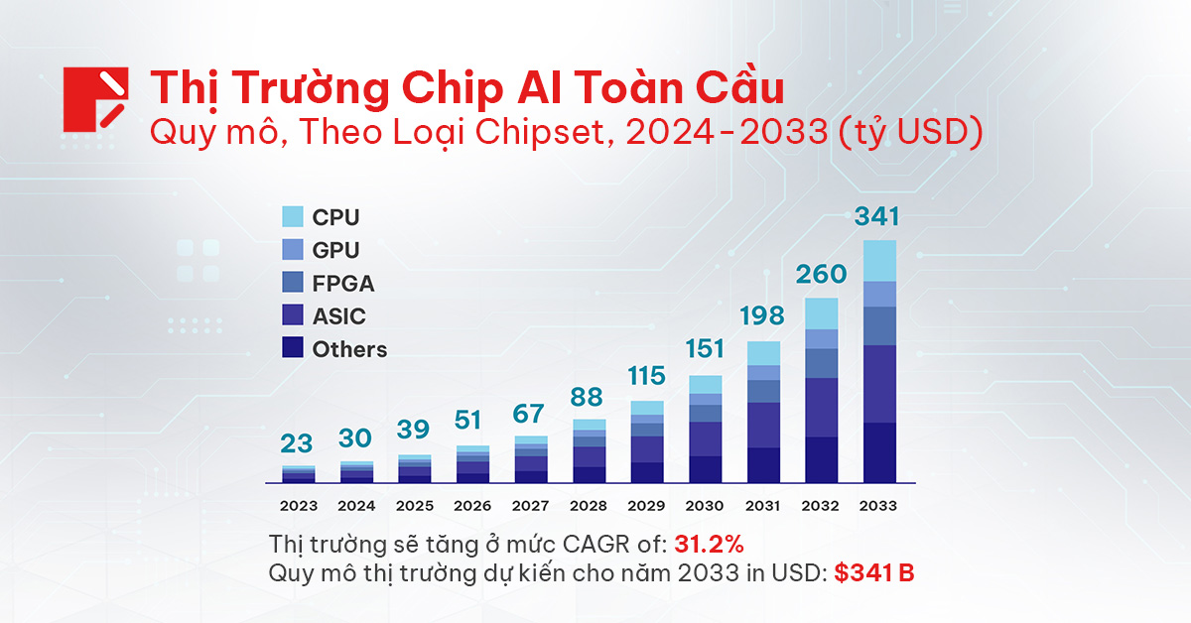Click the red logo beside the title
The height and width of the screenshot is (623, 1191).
pos(96,99)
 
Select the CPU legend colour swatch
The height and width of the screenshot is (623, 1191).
pos(293,216)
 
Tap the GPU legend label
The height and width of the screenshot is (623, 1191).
pos(335,250)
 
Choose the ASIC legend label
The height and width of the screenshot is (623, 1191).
pos(338,316)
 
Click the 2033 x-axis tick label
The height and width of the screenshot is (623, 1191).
pos(879,505)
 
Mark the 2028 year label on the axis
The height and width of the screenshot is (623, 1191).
pos(590,505)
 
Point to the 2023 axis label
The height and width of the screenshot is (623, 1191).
pos(299,505)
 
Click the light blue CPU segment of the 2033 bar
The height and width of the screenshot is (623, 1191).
pos(879,261)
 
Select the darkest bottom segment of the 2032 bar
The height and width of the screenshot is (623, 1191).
pos(822,459)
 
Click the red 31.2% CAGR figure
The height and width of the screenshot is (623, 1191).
pos(709,545)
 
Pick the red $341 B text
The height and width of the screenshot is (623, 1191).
pos(873,573)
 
